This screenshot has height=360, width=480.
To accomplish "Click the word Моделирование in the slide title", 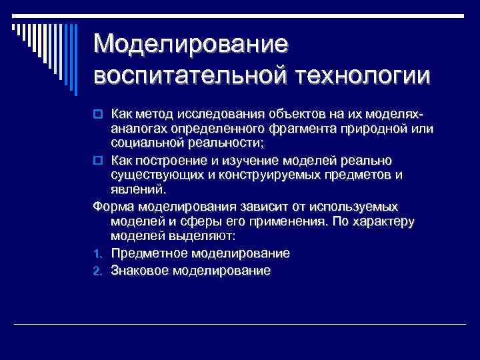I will tap(191, 45).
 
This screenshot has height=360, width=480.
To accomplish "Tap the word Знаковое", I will tap(140, 271).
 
